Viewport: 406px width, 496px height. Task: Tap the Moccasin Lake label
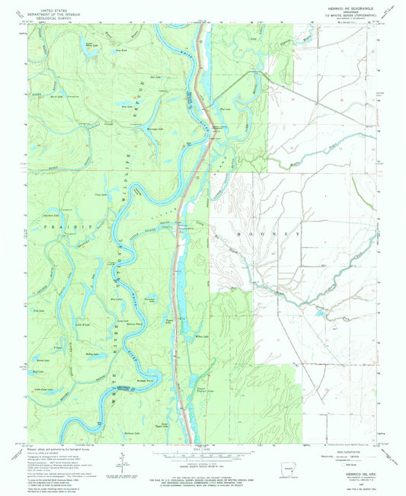coord(155,130)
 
